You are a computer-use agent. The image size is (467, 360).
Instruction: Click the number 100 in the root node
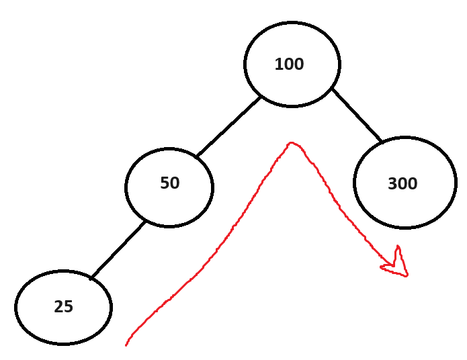click(x=290, y=64)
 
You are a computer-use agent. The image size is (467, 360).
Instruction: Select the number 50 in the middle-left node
click(x=170, y=183)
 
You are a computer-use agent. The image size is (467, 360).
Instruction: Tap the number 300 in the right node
click(x=402, y=184)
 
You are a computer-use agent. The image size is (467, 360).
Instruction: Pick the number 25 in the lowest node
click(x=63, y=307)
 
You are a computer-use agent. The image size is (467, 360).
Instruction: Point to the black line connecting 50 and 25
click(x=118, y=249)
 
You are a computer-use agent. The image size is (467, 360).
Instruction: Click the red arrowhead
click(x=397, y=265)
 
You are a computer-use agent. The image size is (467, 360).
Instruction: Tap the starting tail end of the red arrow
click(x=126, y=345)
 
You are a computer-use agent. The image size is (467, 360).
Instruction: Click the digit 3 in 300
click(x=393, y=184)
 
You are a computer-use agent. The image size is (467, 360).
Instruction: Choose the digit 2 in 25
click(x=58, y=307)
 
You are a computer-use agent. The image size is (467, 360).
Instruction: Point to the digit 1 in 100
click(x=279, y=64)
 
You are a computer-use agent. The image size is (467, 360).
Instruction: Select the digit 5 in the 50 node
click(x=165, y=183)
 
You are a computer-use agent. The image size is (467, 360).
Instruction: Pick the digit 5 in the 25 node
click(x=68, y=307)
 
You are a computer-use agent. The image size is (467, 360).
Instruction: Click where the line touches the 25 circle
click(x=92, y=277)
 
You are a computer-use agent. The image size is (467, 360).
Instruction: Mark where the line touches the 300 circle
click(x=381, y=142)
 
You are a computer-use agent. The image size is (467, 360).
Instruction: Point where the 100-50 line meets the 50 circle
click(x=198, y=156)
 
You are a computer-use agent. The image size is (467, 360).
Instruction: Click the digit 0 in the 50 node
click(x=175, y=183)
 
